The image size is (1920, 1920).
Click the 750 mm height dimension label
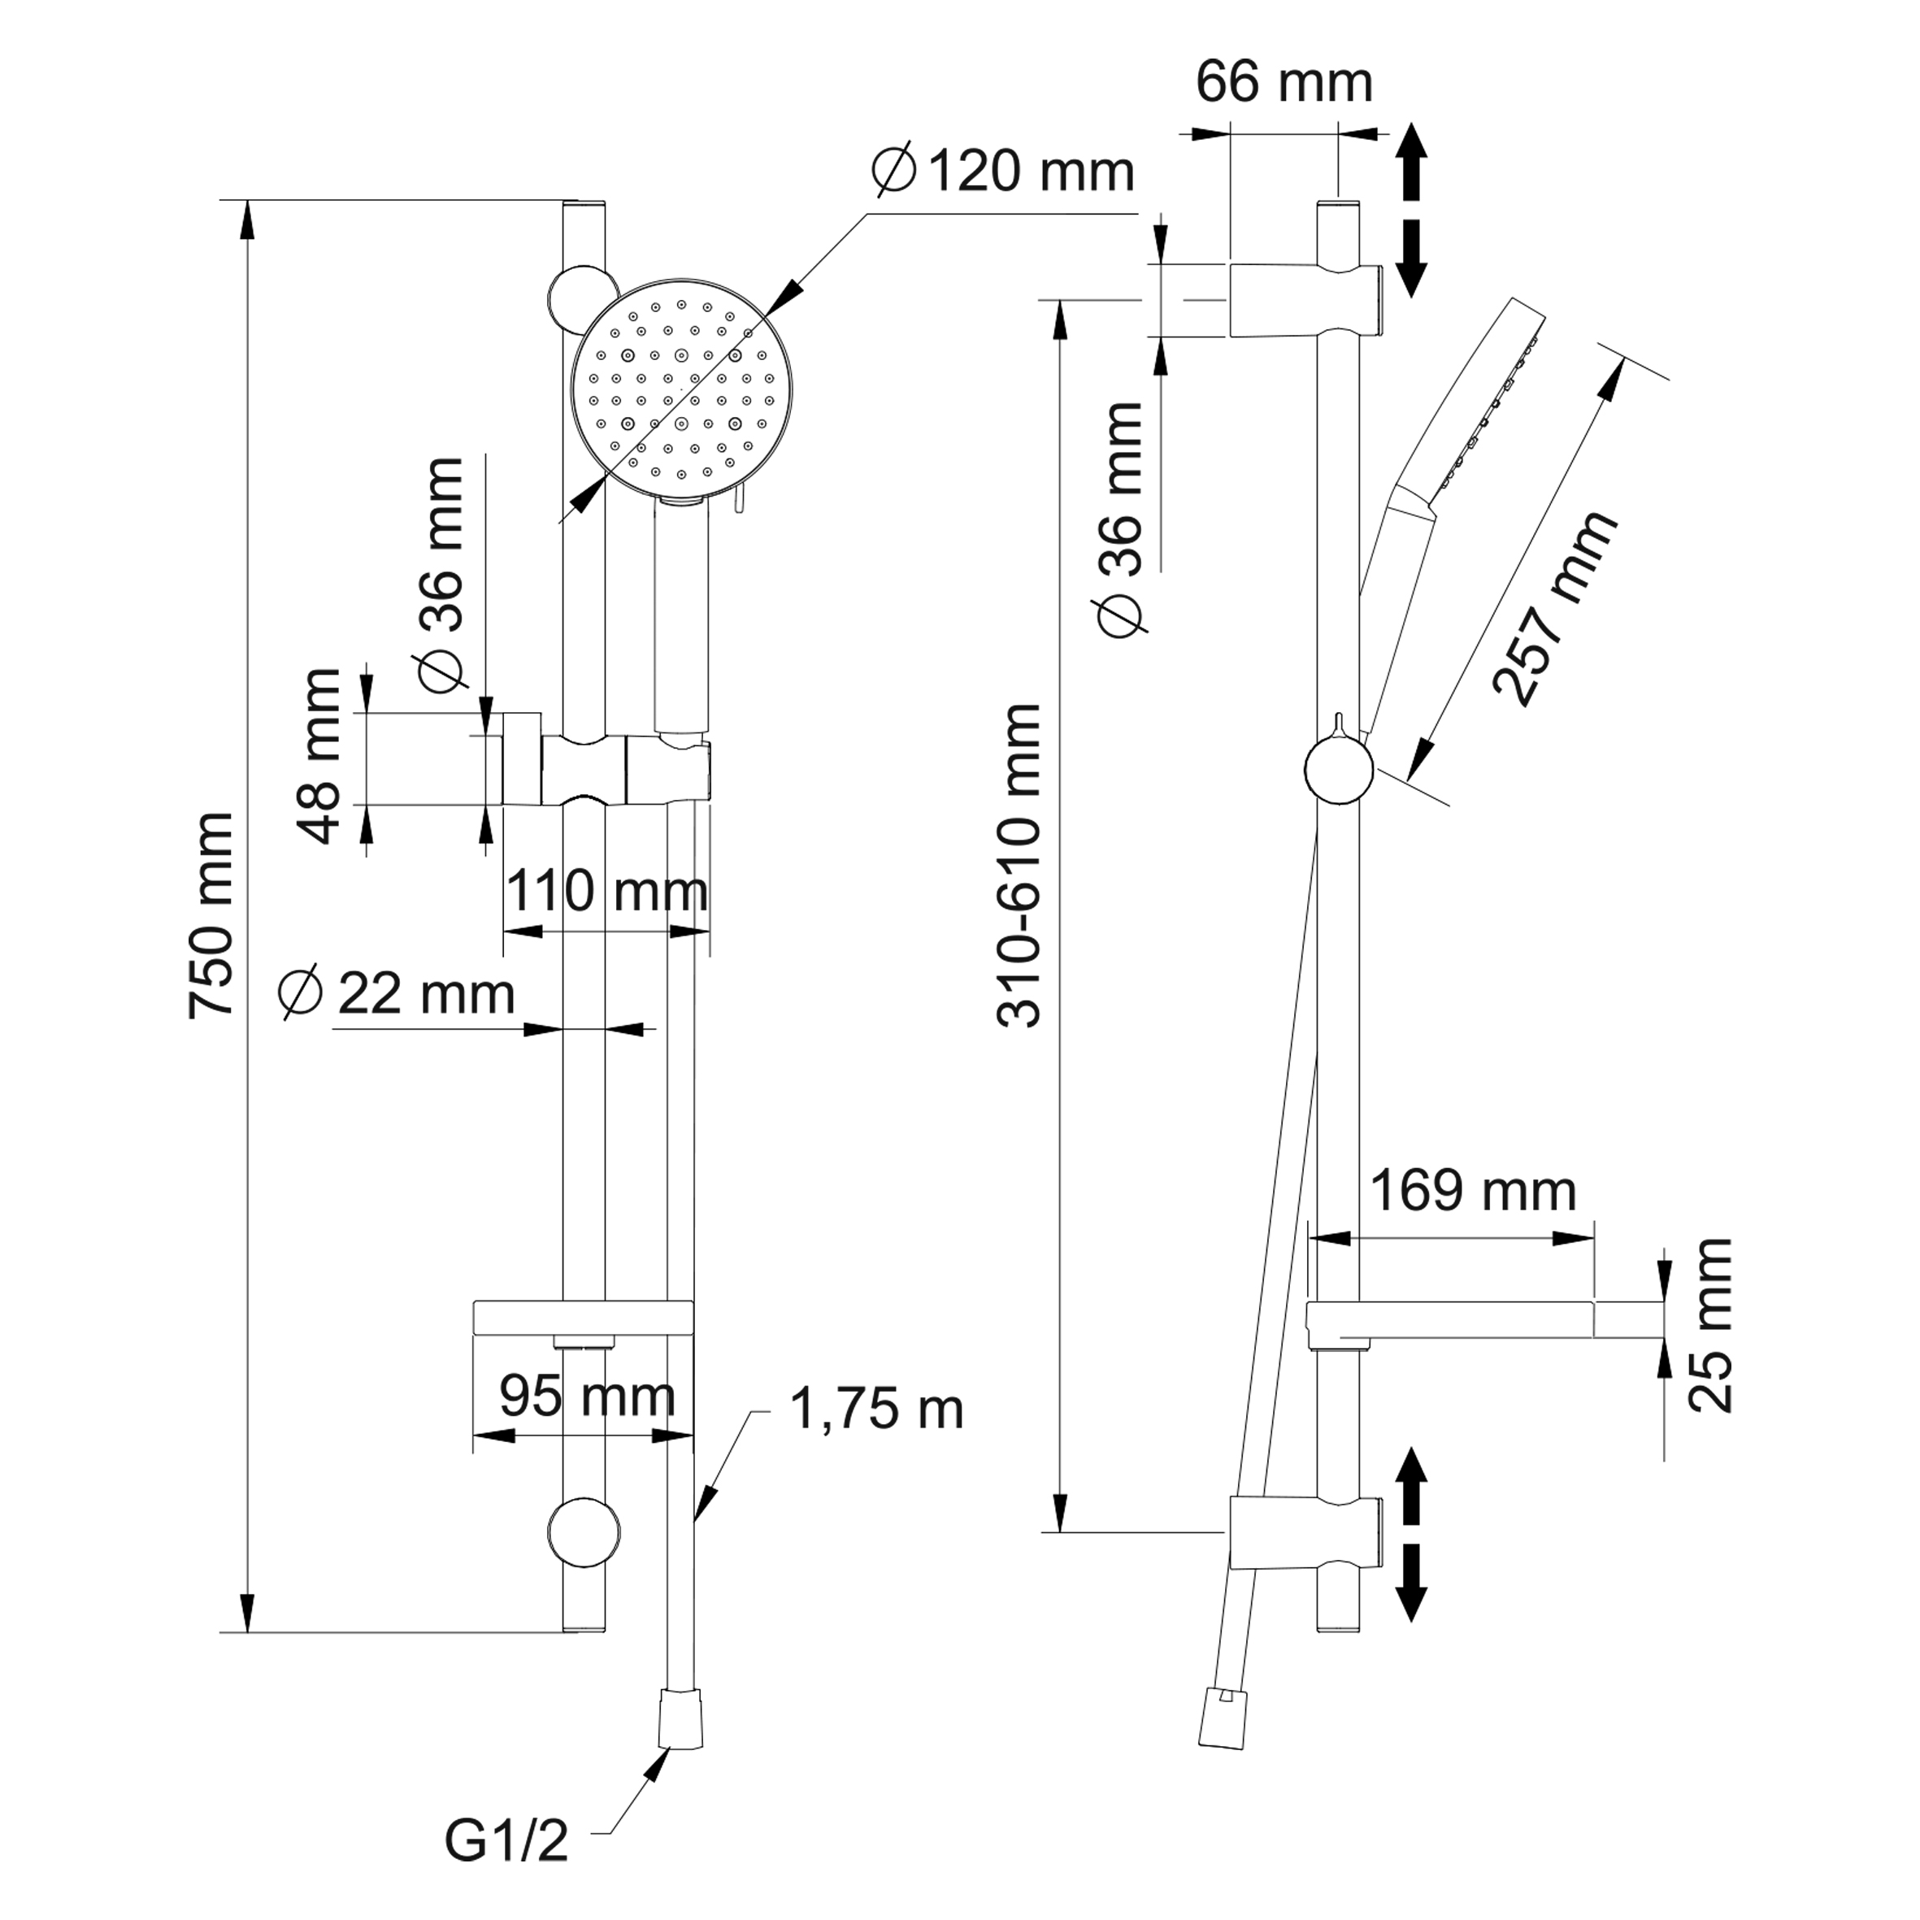pos(211,915)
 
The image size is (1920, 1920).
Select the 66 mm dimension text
pos(1284,81)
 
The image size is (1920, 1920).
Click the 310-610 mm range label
pos(1019,866)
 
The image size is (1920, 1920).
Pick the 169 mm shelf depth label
pos(1473,1191)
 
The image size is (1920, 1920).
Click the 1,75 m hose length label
pos(876,1410)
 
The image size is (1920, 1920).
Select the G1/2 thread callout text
pos(506,1841)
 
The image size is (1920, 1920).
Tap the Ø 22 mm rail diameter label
pos(397,993)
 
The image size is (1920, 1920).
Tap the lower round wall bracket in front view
pos(584,1531)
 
